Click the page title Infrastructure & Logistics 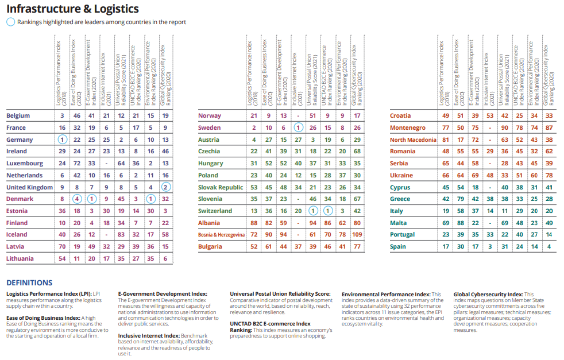(72, 9)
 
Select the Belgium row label (18, 116)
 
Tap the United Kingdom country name (29, 187)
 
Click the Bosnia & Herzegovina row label (222, 235)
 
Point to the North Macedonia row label (413, 140)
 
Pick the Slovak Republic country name (221, 187)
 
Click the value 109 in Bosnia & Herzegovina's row (357, 235)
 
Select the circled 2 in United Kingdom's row (165, 187)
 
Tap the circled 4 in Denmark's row (77, 199)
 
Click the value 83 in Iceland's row (121, 235)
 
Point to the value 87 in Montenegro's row (549, 128)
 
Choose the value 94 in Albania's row (313, 223)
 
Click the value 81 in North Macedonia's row (446, 140)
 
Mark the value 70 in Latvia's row (62, 246)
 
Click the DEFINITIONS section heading (29, 282)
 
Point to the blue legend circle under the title (10, 22)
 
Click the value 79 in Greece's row (460, 199)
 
